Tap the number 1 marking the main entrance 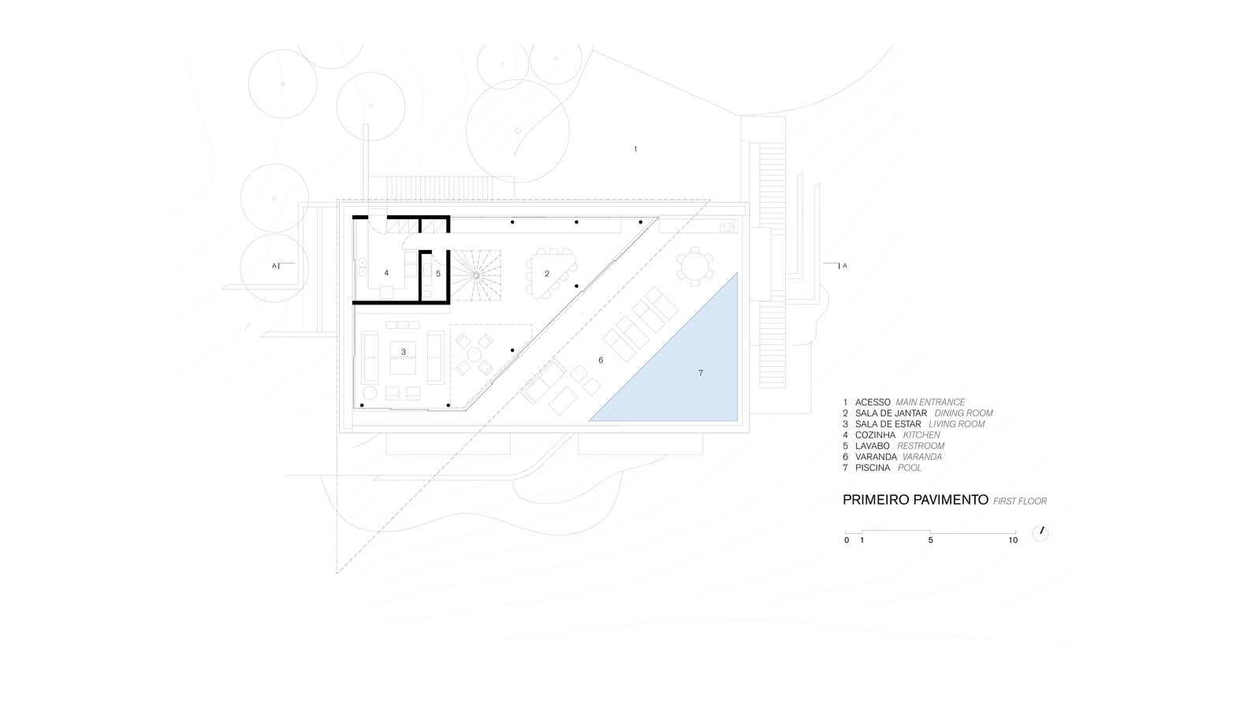pos(635,149)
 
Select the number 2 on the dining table pos(547,274)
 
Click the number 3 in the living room pos(404,352)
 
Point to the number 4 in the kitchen pos(386,273)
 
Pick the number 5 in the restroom pos(438,274)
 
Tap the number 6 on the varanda pos(601,360)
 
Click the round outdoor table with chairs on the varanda pos(694,267)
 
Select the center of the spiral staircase pos(476,275)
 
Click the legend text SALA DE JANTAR pos(891,413)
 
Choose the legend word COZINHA pos(875,435)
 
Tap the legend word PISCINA pos(873,468)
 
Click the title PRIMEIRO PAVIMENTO pos(915,500)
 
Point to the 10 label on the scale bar pos(1013,540)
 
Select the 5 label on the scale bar pos(930,540)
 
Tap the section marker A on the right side pos(844,266)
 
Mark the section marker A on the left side pos(274,266)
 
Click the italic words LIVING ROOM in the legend pos(956,424)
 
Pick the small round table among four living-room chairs pos(474,354)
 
